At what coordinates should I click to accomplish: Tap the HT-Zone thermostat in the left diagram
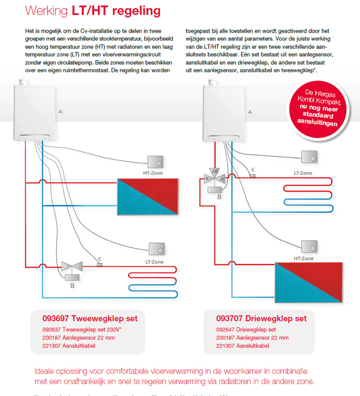(x=155, y=162)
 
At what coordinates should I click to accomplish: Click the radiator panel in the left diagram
(x=146, y=196)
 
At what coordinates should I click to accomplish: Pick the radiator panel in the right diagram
(x=308, y=283)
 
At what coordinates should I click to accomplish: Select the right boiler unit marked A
(x=225, y=111)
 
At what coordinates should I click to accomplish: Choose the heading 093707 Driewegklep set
(x=262, y=318)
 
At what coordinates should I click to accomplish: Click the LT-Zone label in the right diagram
(x=303, y=173)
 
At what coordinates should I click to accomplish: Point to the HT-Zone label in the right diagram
(x=304, y=258)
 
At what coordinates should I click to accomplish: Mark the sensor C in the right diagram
(x=253, y=175)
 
